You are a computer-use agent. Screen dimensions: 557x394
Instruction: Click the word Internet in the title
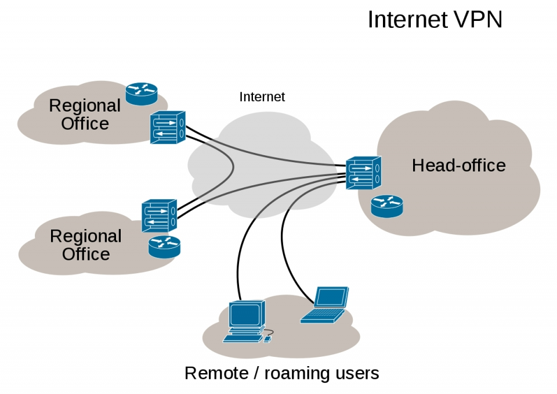[x=407, y=19]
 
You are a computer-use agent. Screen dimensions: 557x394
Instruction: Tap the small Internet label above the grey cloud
[x=262, y=97]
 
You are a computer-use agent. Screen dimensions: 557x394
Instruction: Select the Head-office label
[x=458, y=166]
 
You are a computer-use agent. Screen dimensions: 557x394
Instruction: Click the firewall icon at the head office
[x=363, y=173]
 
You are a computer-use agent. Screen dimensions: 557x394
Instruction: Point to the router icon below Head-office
[x=387, y=206]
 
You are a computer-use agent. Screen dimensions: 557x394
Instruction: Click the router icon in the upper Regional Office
[x=142, y=94]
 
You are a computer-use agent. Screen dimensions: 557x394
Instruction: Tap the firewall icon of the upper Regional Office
[x=168, y=127]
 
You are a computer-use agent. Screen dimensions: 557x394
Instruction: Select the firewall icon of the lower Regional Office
[x=159, y=216]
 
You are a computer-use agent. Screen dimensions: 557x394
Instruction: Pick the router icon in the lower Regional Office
[x=164, y=246]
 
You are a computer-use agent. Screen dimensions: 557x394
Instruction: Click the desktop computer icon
[x=248, y=321]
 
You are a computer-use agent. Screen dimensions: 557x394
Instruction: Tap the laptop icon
[x=325, y=305]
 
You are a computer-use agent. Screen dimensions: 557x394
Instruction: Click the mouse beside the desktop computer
[x=268, y=338]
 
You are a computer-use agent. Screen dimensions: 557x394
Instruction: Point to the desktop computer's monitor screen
[x=245, y=314]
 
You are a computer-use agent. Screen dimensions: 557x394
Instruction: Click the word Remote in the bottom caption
[x=216, y=373]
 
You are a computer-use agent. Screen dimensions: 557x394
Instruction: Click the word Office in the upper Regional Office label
[x=85, y=124]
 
